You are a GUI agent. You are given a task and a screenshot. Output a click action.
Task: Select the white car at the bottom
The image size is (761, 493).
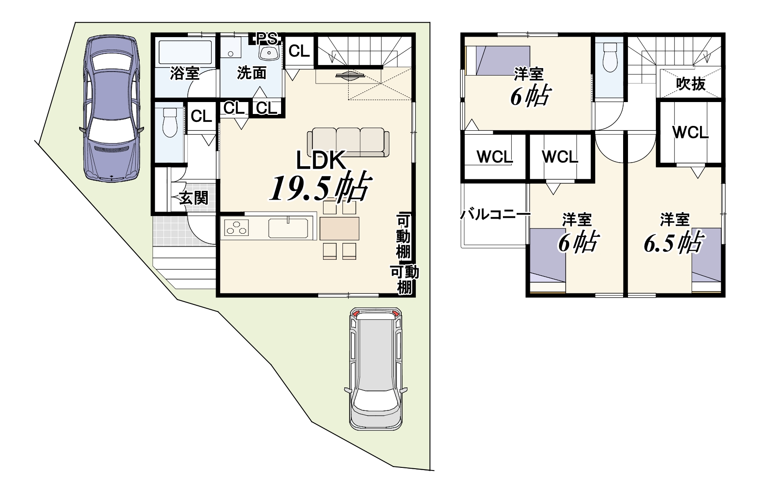tap(376, 369)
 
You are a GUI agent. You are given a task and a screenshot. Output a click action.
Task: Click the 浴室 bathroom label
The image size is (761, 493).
tap(185, 73)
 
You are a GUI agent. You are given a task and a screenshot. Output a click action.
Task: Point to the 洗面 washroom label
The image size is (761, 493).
tap(251, 73)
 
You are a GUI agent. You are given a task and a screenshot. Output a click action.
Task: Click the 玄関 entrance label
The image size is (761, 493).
tap(193, 198)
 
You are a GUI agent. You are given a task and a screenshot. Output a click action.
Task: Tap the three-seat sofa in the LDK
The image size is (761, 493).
tap(348, 142)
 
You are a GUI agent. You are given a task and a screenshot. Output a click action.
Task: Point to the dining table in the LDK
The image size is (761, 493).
tap(339, 228)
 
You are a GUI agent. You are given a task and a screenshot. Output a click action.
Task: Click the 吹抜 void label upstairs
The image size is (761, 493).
tap(691, 83)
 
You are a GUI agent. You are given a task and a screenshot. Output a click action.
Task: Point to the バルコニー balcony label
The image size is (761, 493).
tap(495, 215)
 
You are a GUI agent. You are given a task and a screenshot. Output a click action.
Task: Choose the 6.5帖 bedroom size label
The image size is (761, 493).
tap(673, 241)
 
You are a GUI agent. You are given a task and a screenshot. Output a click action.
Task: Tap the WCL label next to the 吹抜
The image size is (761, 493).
tap(690, 132)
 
